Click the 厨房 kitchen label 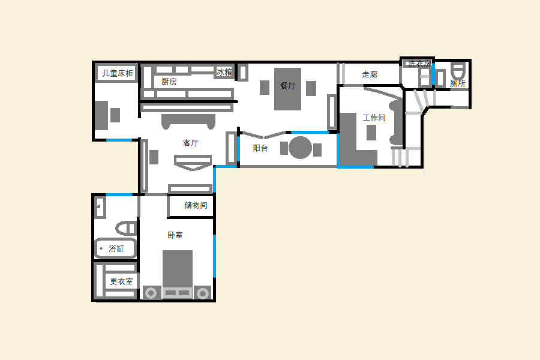pyautogui.click(x=169, y=82)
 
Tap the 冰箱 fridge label pyautogui.click(x=224, y=72)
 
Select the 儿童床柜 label pyautogui.click(x=118, y=73)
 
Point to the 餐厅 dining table pyautogui.click(x=287, y=89)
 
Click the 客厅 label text pyautogui.click(x=191, y=143)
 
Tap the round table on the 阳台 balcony pyautogui.click(x=301, y=148)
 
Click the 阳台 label pyautogui.click(x=260, y=148)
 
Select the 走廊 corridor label pyautogui.click(x=370, y=74)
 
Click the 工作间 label pyautogui.click(x=374, y=118)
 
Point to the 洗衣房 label pyautogui.click(x=419, y=64)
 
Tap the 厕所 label pyautogui.click(x=458, y=83)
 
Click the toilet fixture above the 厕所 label pyautogui.click(x=458, y=71)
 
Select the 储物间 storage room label pyautogui.click(x=196, y=205)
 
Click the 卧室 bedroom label pyautogui.click(x=175, y=235)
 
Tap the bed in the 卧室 pyautogui.click(x=178, y=269)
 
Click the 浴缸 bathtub pyautogui.click(x=115, y=248)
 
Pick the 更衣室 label pyautogui.click(x=121, y=281)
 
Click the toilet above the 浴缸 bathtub pyautogui.click(x=126, y=228)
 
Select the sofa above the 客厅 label pyautogui.click(x=188, y=121)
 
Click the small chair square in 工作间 pyautogui.click(x=371, y=133)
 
